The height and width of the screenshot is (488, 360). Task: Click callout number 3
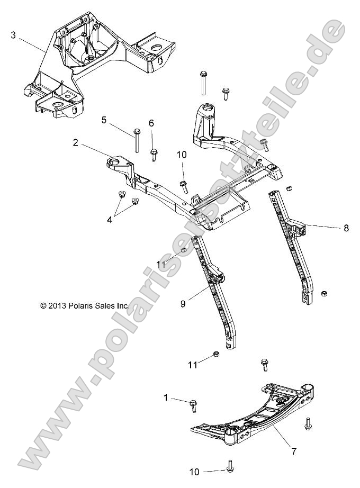[x=13, y=35]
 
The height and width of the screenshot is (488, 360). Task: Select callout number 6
[x=151, y=123]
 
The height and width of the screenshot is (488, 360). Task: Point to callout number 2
[x=76, y=142]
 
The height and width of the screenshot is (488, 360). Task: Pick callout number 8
[x=346, y=228]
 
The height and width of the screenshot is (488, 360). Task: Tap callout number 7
[x=293, y=451]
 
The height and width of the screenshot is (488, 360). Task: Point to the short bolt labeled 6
[x=154, y=154]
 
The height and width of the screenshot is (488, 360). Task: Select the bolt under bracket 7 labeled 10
[x=230, y=466]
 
